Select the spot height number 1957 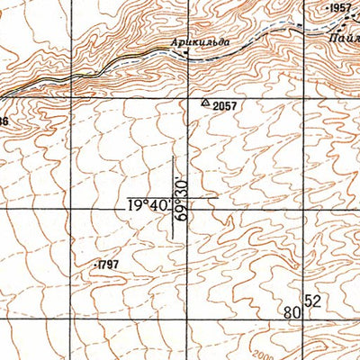[x=340, y=8]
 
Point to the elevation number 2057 [x=225, y=105]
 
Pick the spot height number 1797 [x=107, y=265]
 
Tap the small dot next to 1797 [x=94, y=265]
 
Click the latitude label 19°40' [x=148, y=205]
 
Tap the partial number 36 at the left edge [x=4, y=121]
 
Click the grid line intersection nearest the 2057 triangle [x=188, y=93]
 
